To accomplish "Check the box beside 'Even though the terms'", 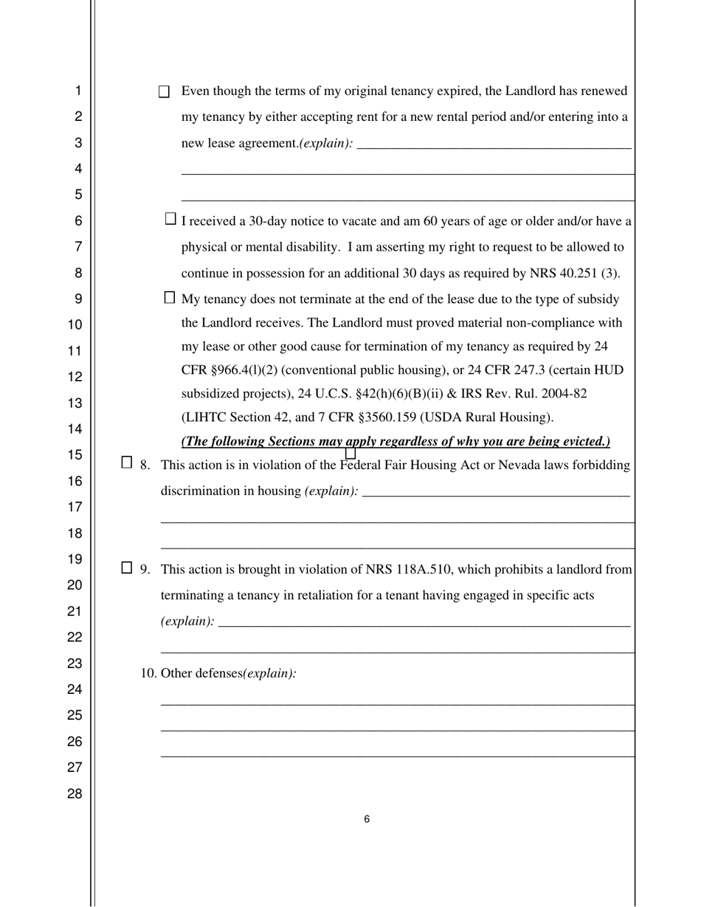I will point(165,92).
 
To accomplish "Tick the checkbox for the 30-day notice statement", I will point(170,219).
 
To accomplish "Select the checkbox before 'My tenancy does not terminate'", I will point(170,298).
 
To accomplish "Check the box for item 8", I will point(127,463).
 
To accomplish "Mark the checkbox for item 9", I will point(127,568).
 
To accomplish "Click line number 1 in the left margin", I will point(77,91).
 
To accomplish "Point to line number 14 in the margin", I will point(75,429).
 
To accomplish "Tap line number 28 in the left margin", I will point(75,794).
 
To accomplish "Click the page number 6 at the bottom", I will point(367,819).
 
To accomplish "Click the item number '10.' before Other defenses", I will point(149,673).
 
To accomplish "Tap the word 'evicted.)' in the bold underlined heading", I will point(584,442).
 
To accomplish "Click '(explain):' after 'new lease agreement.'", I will point(325,144).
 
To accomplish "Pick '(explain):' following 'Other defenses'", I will point(270,673).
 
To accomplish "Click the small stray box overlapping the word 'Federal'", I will point(350,453).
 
